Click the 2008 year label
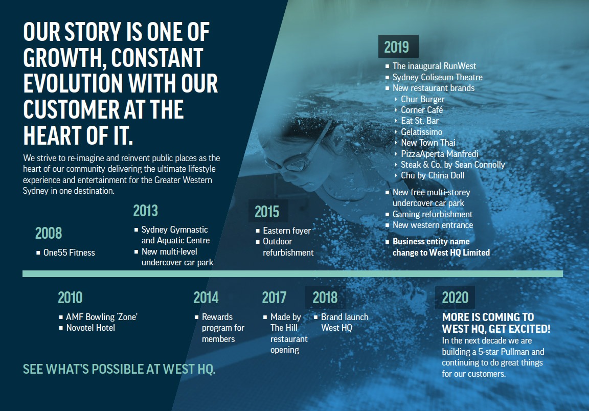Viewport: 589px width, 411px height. [x=49, y=233]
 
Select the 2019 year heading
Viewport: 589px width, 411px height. [x=396, y=48]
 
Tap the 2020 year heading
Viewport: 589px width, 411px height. [x=455, y=298]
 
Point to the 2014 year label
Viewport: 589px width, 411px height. [x=206, y=298]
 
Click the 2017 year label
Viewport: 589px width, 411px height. [x=274, y=298]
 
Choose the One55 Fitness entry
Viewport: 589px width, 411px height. [x=69, y=253]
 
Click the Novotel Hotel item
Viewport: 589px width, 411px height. [x=90, y=328]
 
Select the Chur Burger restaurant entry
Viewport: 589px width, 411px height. [x=423, y=99]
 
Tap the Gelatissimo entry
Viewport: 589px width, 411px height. [x=421, y=132]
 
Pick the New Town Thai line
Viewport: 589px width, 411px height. [x=428, y=143]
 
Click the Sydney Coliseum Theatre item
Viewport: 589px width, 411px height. [x=438, y=77]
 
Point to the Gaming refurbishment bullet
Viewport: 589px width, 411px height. [x=433, y=214]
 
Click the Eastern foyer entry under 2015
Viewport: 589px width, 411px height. [x=287, y=231]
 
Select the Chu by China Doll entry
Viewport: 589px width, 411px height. [x=433, y=175]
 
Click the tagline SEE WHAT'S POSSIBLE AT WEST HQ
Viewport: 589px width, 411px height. [x=119, y=369]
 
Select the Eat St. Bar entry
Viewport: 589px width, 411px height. [x=420, y=121]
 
